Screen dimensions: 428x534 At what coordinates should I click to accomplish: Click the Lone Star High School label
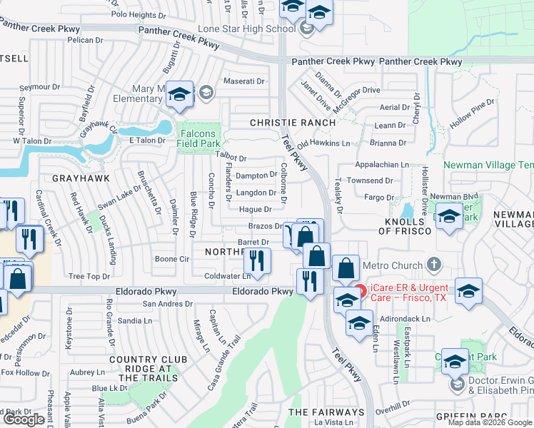click(x=246, y=29)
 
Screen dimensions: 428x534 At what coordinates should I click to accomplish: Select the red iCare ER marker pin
click(x=361, y=291)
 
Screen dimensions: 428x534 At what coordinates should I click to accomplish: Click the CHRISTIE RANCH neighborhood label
click(x=293, y=123)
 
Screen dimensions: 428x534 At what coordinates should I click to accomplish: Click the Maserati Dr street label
click(x=245, y=81)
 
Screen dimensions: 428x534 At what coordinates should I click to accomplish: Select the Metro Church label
click(x=393, y=265)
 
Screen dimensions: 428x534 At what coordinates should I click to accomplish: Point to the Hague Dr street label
click(x=255, y=209)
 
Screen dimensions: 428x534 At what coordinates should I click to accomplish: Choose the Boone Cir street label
click(x=171, y=259)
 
